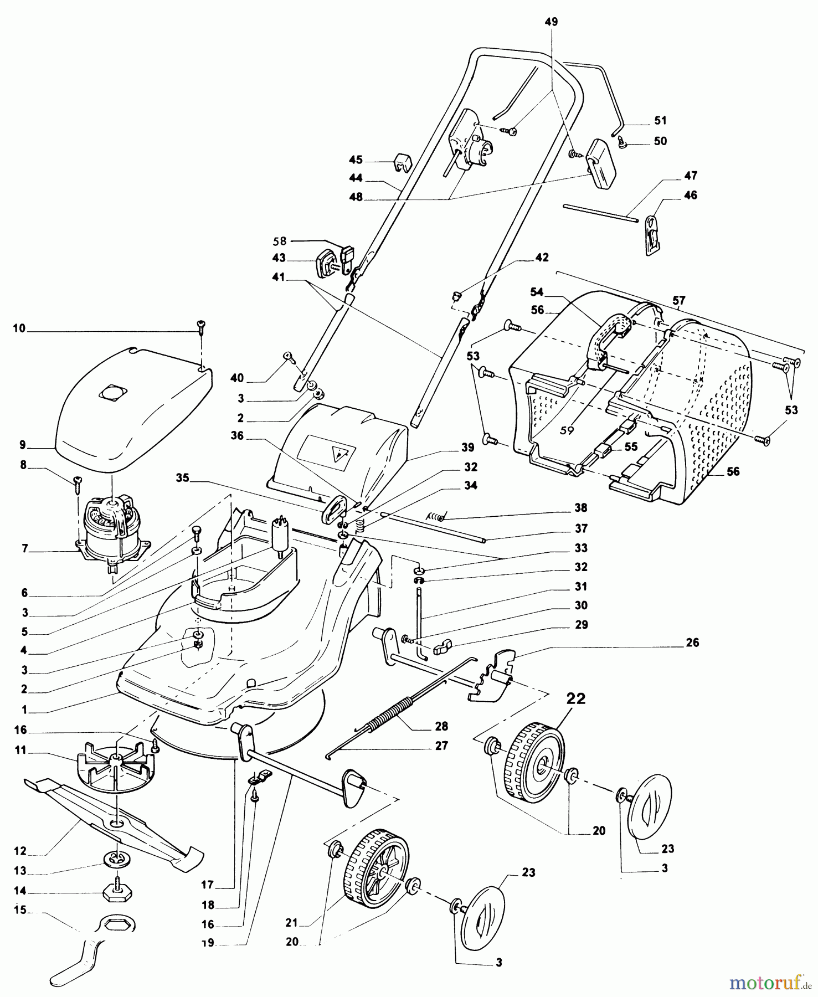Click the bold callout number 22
[x=576, y=698]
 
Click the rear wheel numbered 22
[x=536, y=763]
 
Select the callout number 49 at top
[x=551, y=22]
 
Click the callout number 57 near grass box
[x=679, y=300]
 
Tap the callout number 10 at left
[x=19, y=328]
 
